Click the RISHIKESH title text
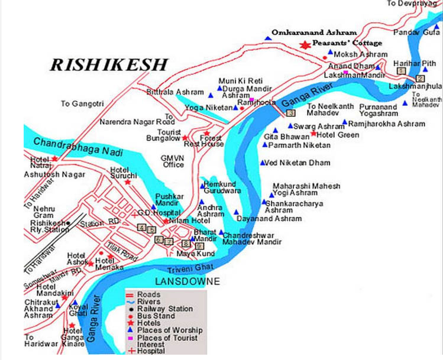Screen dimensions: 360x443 point(109,64)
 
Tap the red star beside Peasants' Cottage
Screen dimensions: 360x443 point(305,45)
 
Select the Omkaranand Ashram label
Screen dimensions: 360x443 point(313,32)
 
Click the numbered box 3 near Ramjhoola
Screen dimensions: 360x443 point(290,113)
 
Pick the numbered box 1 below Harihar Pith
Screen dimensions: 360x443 point(400,71)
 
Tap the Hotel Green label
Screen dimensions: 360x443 point(340,135)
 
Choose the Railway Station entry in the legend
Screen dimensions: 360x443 point(164,309)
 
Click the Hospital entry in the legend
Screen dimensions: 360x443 point(153,351)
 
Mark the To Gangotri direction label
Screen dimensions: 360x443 point(82,103)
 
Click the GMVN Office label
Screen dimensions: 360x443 point(173,161)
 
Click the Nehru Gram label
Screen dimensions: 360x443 point(44,212)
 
